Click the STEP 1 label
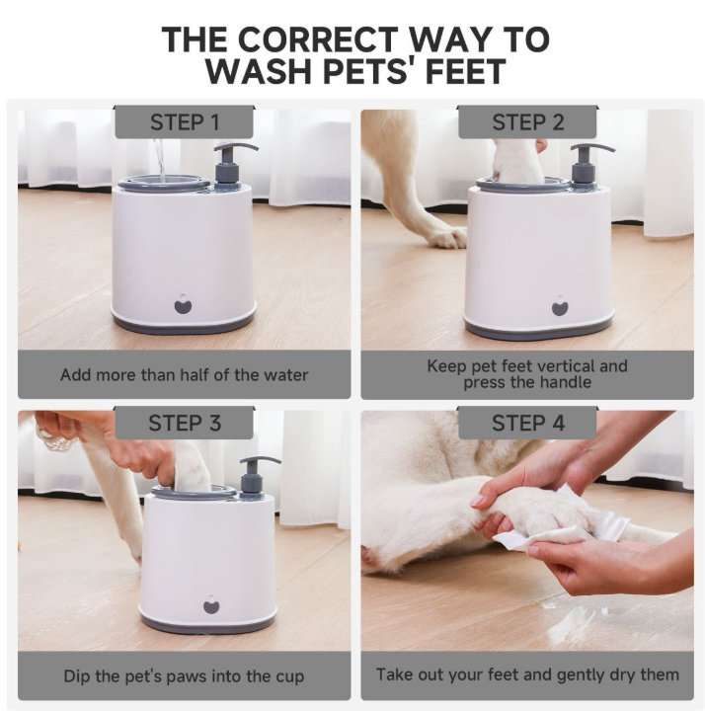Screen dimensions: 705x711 pos(185,122)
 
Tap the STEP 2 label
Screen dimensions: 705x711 pos(528,122)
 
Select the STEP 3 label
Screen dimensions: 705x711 pos(185,423)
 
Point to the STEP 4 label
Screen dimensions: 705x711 pos(528,423)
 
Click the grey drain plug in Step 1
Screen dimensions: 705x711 pos(184,304)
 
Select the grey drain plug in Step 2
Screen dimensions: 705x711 pos(561,306)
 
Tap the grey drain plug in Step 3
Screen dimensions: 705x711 pos(211,605)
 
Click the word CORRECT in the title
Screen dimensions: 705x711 pos(317,39)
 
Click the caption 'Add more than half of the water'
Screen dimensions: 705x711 pos(184,375)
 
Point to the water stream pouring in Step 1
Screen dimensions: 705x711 pos(160,160)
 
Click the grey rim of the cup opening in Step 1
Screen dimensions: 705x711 pos(164,185)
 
